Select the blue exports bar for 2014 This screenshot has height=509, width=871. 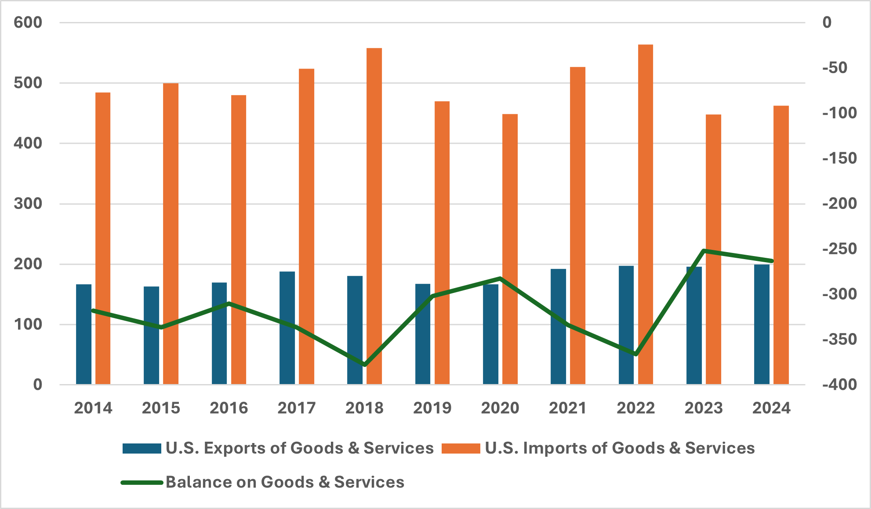(x=83, y=334)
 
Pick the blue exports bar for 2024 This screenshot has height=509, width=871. (x=762, y=325)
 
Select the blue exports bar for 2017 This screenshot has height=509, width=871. (x=287, y=328)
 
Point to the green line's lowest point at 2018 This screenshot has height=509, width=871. (x=365, y=365)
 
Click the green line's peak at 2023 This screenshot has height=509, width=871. (x=704, y=251)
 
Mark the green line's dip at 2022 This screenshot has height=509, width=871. (x=635, y=354)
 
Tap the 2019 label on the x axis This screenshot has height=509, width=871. (x=432, y=408)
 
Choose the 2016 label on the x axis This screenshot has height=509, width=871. (x=229, y=408)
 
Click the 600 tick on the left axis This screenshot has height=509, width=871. (x=28, y=22)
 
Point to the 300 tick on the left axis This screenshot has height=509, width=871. (x=28, y=204)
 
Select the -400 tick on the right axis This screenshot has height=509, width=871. (x=839, y=385)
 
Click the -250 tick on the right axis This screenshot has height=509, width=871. (x=839, y=249)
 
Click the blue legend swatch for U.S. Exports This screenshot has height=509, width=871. (x=142, y=448)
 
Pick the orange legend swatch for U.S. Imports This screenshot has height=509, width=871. (x=461, y=448)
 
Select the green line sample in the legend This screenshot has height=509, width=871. (x=142, y=483)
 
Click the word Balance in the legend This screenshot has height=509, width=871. (x=198, y=482)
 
